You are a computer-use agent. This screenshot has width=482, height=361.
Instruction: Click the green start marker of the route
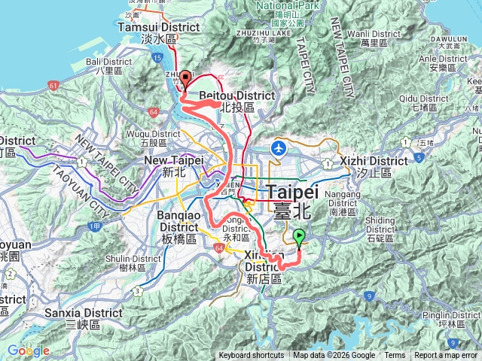[x=300, y=238]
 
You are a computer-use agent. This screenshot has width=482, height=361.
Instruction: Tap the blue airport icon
[x=279, y=147]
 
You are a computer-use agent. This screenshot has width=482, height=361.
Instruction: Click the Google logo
[x=28, y=351]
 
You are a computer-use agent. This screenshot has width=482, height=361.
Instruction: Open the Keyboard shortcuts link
[x=252, y=356]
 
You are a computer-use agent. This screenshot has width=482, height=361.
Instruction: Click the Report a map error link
[x=446, y=356]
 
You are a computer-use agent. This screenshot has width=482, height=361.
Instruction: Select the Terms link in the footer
[x=395, y=356]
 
